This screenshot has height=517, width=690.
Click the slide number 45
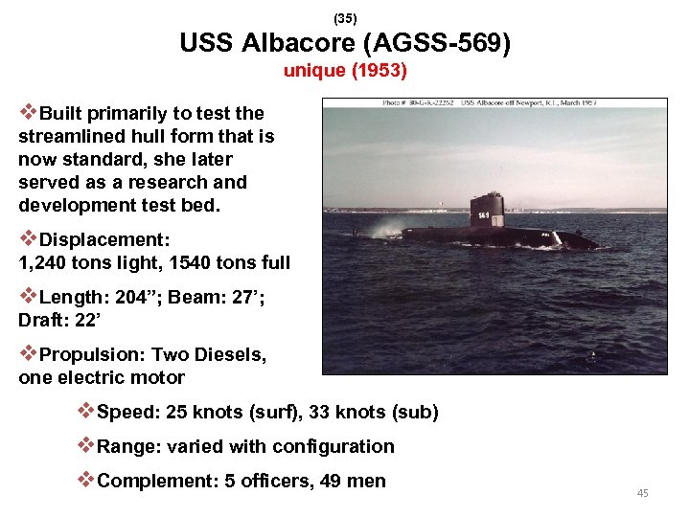coord(642,493)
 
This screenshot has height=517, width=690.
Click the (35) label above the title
coord(344,18)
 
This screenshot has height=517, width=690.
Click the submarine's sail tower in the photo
coord(486,211)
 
